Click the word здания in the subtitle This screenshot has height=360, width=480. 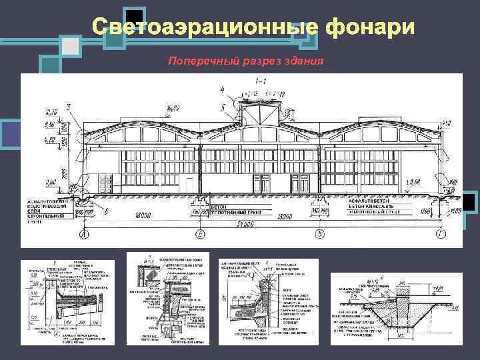point(299,61)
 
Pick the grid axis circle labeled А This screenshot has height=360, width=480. point(85,235)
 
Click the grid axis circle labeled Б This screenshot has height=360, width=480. point(200,235)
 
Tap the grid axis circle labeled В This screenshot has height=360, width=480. point(320,235)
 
